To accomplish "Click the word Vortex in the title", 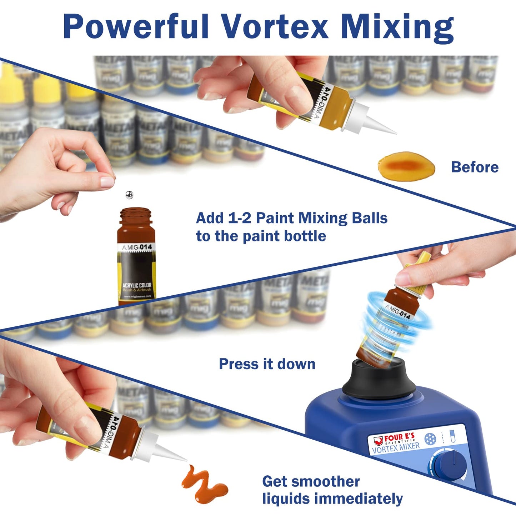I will coord(274,27).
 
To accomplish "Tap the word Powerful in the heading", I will coord(136,27).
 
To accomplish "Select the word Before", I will coord(475,167).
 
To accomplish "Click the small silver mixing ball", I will coord(129,195).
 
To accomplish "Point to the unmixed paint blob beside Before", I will coord(406,166).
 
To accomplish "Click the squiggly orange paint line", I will coord(204,484).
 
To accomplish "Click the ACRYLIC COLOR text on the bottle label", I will coord(137,285).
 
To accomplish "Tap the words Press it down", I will coord(267,364).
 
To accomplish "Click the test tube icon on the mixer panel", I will coord(453,436).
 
